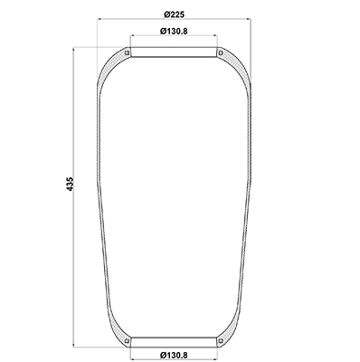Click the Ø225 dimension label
174,14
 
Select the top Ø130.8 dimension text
174,31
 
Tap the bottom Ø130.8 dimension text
174,355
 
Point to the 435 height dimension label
70,184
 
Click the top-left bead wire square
128,53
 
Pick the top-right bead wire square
221,53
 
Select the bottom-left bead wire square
128,341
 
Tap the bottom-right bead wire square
221,341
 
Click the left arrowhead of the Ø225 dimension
99,19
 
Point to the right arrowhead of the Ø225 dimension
249,19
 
